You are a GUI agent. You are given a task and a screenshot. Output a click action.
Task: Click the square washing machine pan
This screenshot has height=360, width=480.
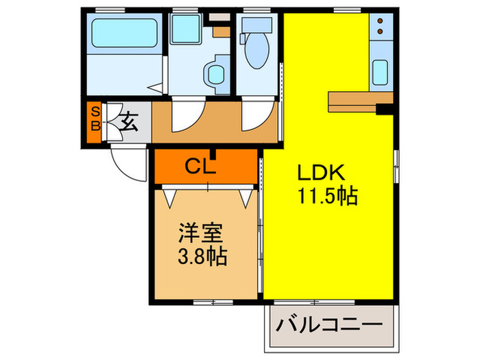[x=184, y=30]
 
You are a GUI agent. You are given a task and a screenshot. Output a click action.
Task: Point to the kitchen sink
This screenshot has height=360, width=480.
[x=380, y=71]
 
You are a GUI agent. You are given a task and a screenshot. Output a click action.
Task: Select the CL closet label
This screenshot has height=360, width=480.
[x=202, y=167]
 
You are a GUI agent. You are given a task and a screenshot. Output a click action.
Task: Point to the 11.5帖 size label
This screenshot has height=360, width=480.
[x=326, y=197]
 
